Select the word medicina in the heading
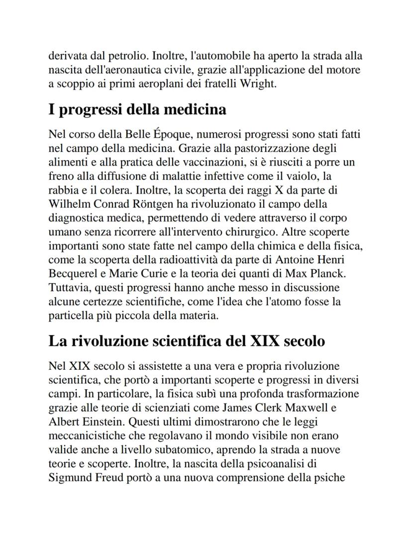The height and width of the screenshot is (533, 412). [195, 109]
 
